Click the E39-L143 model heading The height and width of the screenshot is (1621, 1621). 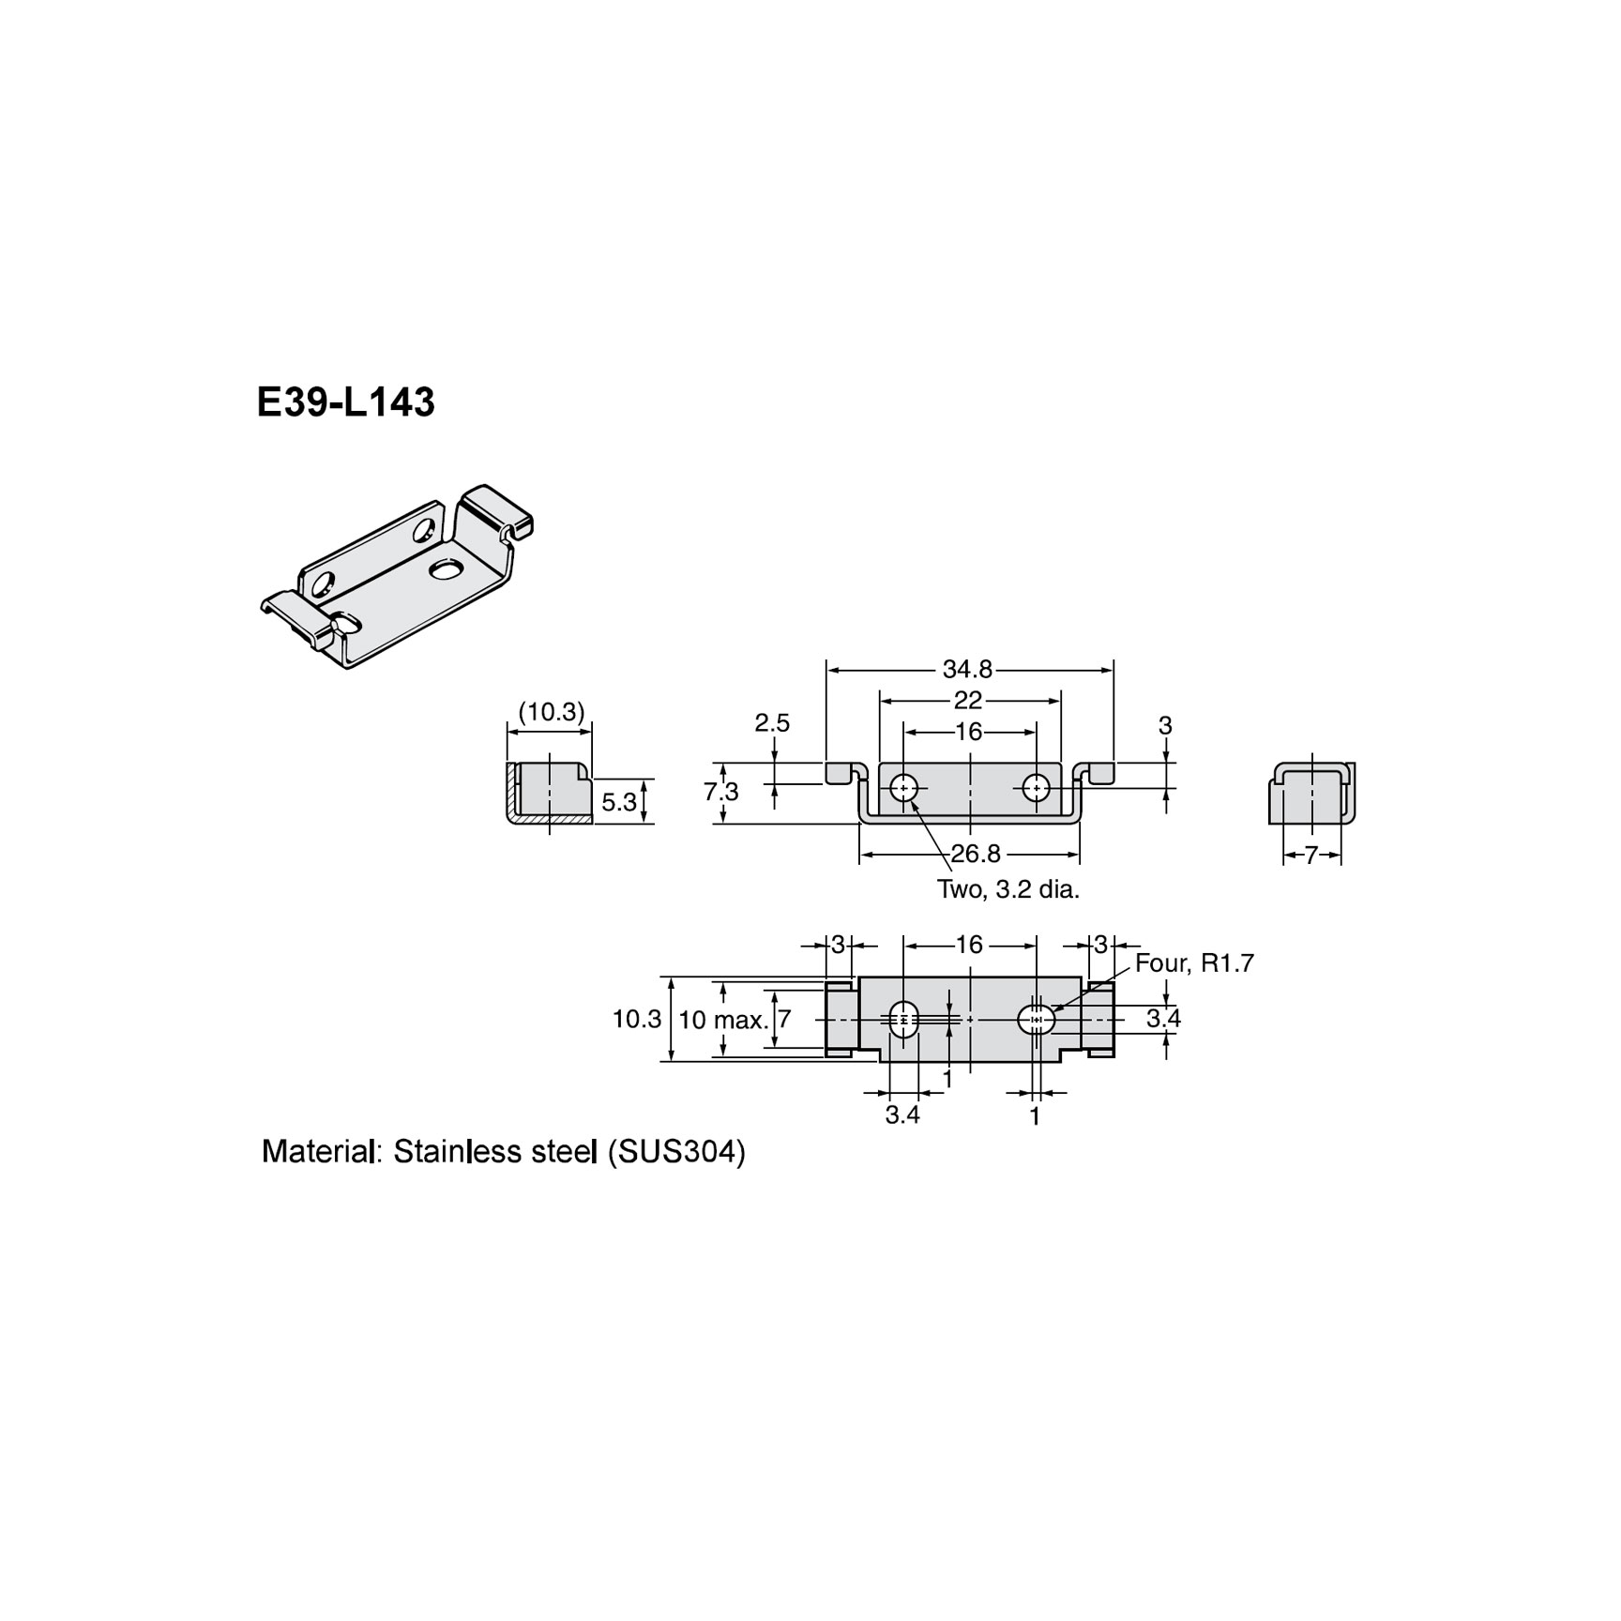pyautogui.click(x=345, y=402)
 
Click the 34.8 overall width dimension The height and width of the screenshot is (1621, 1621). pyautogui.click(x=967, y=669)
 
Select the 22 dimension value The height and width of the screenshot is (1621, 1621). pyautogui.click(x=967, y=700)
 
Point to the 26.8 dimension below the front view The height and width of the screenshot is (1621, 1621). pyautogui.click(x=976, y=854)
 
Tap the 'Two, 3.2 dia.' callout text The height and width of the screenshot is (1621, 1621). pyautogui.click(x=1008, y=889)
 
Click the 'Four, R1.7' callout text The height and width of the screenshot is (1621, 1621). pyautogui.click(x=1194, y=963)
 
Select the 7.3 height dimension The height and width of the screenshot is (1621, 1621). pyautogui.click(x=721, y=792)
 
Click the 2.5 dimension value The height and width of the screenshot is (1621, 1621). pyautogui.click(x=772, y=723)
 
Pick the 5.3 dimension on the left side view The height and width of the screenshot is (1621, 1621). pyautogui.click(x=619, y=802)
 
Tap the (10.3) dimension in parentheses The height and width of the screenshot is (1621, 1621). pyautogui.click(x=552, y=712)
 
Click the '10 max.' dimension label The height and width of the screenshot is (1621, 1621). pyautogui.click(x=723, y=1020)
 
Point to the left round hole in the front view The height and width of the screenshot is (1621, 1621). pyautogui.click(x=904, y=788)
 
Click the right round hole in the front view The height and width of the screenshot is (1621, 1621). pyautogui.click(x=1036, y=788)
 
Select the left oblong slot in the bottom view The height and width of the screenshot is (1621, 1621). pyautogui.click(x=903, y=1019)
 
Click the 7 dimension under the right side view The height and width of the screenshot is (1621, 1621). pyautogui.click(x=1311, y=855)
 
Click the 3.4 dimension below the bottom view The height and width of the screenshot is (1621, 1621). pyautogui.click(x=902, y=1115)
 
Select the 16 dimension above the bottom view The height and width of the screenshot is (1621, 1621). pyautogui.click(x=968, y=945)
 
